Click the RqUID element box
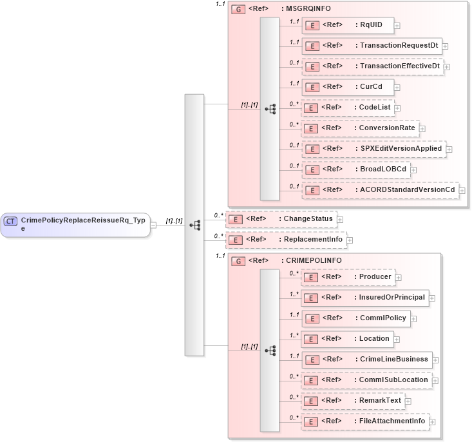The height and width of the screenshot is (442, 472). click(x=348, y=25)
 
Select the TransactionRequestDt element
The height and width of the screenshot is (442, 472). click(x=372, y=46)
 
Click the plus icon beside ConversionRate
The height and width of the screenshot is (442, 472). click(x=422, y=128)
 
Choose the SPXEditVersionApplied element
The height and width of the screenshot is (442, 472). click(x=373, y=149)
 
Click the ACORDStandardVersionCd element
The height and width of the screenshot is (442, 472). click(x=379, y=190)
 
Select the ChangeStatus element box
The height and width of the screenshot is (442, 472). click(x=280, y=219)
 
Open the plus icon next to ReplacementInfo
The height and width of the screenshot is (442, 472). click(x=351, y=240)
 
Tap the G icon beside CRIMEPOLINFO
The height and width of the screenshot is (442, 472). click(x=238, y=261)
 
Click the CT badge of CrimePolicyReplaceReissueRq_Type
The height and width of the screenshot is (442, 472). click(x=10, y=221)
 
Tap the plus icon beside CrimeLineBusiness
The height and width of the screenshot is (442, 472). click(x=435, y=360)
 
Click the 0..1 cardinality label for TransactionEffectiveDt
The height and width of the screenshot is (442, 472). click(x=294, y=62)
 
